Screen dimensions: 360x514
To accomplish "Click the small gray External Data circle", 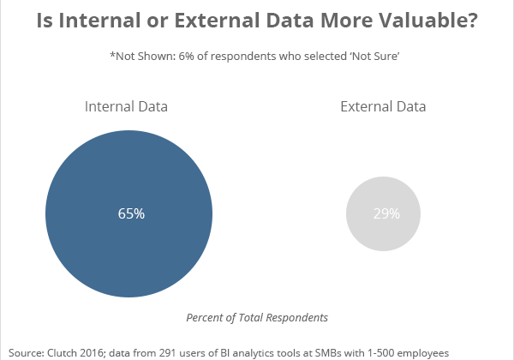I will pos(384,213).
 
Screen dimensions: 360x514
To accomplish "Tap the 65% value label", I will pos(131,213).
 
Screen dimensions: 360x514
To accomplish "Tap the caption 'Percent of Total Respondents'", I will pos(257,317).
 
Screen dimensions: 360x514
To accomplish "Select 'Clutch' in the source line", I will pos(68,351).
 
